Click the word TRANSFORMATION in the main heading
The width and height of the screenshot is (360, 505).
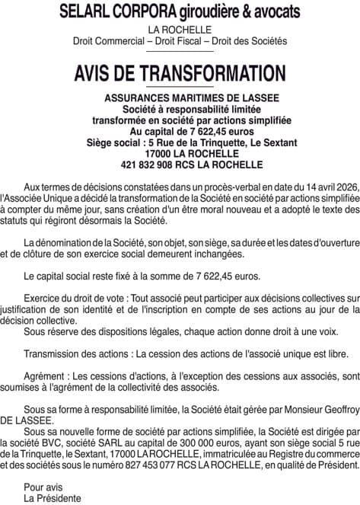click(x=202, y=73)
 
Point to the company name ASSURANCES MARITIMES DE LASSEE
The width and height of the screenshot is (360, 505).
click(x=180, y=98)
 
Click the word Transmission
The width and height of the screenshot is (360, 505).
click(x=52, y=354)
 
